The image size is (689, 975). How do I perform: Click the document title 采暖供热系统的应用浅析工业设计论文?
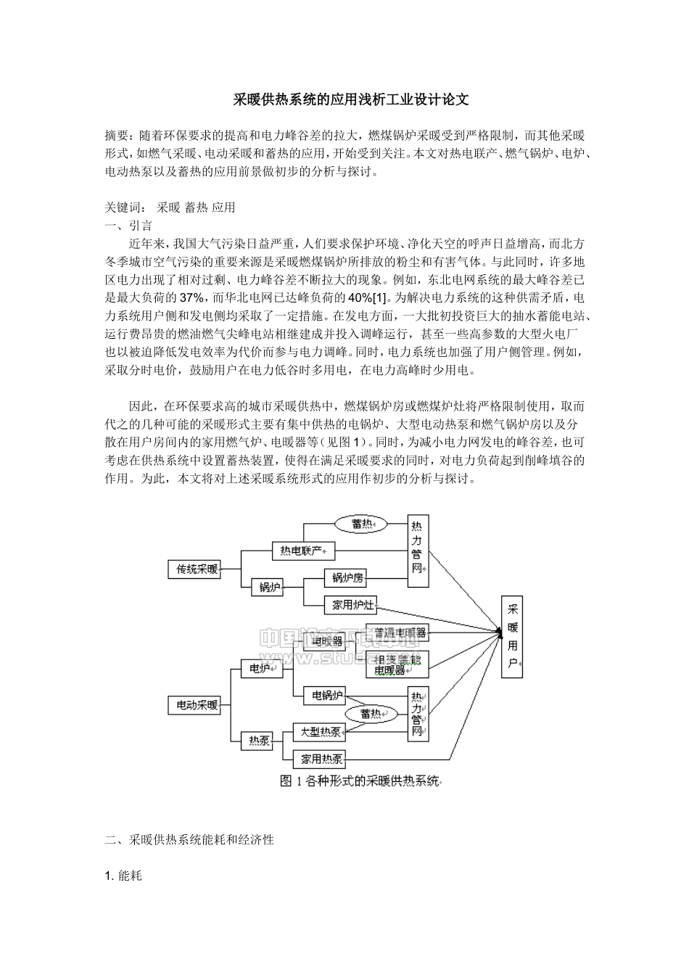point(350,100)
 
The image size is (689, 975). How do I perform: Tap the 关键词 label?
point(123,207)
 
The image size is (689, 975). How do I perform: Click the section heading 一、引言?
point(128,226)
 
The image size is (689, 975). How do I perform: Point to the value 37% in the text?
point(192,298)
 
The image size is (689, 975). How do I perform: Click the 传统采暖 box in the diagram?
point(197,569)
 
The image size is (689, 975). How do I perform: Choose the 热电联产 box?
point(303,551)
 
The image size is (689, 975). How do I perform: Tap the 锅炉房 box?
point(348,578)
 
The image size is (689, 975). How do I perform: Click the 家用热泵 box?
point(322,759)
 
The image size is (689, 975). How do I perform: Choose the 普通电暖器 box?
point(397,633)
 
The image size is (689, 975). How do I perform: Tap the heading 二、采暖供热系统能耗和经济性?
point(189,840)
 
